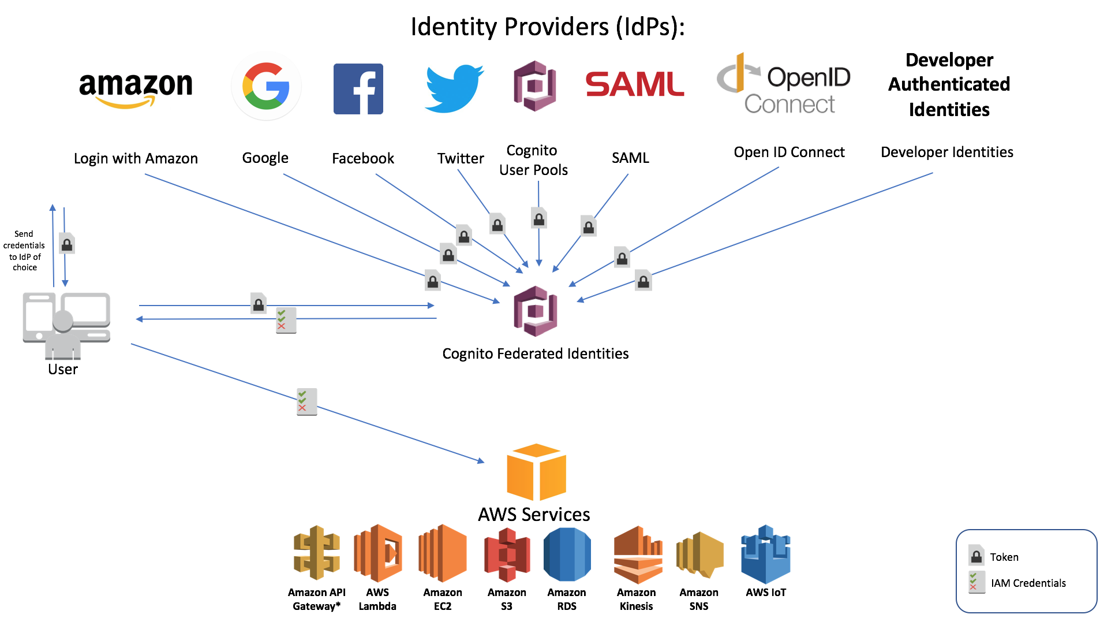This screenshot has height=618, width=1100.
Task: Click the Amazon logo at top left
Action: pyautogui.click(x=136, y=88)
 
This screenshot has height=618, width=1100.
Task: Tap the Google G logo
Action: pyautogui.click(x=266, y=87)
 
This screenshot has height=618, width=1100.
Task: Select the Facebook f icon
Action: pyautogui.click(x=358, y=89)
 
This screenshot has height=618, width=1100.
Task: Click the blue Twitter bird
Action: pyautogui.click(x=454, y=88)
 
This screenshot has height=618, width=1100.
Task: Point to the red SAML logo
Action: pyautogui.click(x=634, y=84)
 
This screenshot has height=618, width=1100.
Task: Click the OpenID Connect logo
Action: pyautogui.click(x=783, y=84)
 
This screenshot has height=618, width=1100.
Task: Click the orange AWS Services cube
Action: pyautogui.click(x=536, y=472)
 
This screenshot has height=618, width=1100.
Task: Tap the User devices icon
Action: pyautogui.click(x=66, y=323)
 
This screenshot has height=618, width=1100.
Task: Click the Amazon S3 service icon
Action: pyautogui.click(x=507, y=554)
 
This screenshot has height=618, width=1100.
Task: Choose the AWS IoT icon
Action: pyautogui.click(x=765, y=554)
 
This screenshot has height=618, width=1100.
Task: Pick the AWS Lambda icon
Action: pyautogui.click(x=378, y=553)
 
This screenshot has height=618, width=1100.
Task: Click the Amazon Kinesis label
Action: pyautogui.click(x=636, y=599)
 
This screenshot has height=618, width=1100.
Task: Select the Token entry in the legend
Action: pyautogui.click(x=1004, y=557)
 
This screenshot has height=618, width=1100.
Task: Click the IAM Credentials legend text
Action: pyautogui.click(x=1028, y=583)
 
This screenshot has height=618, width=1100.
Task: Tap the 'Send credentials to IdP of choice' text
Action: pyautogui.click(x=24, y=251)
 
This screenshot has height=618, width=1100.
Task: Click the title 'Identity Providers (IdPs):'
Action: pyautogui.click(x=547, y=27)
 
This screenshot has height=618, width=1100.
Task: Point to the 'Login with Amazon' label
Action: pyautogui.click(x=136, y=158)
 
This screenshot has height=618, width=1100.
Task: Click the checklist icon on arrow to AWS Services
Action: pyautogui.click(x=306, y=401)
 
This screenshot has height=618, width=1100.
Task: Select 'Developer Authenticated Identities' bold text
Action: pyautogui.click(x=949, y=84)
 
